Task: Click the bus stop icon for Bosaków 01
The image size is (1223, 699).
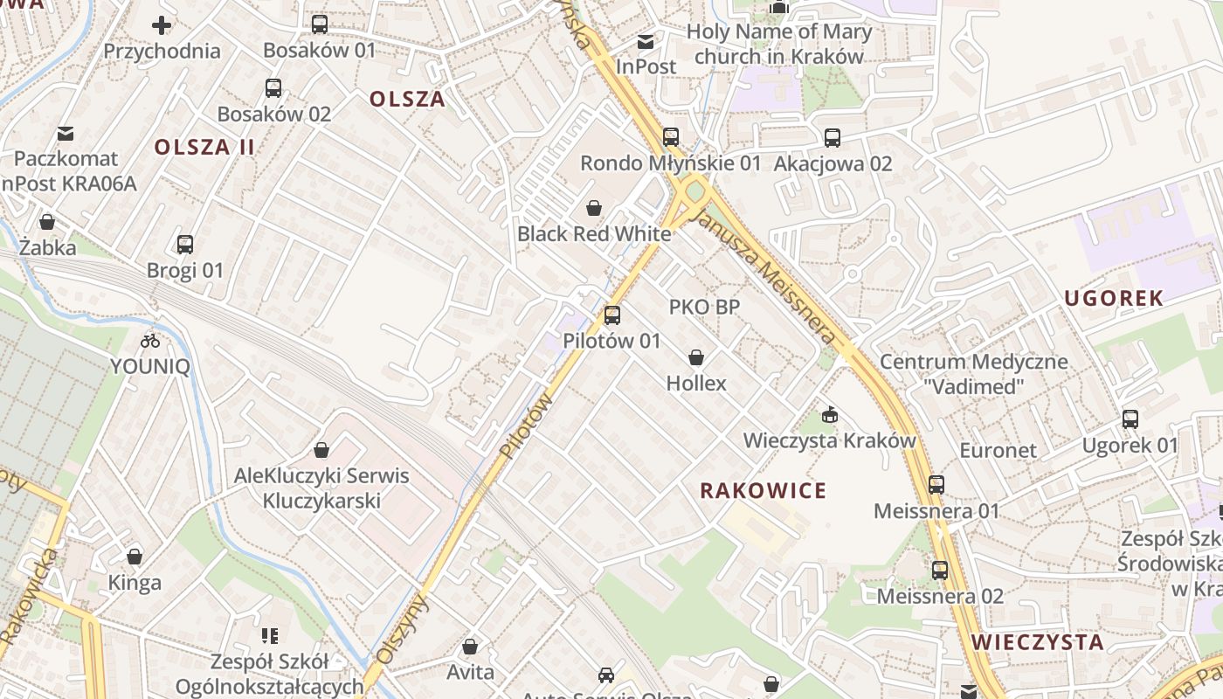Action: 320,24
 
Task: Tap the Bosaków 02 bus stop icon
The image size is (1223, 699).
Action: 273,88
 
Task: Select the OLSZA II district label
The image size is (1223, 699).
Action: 205,147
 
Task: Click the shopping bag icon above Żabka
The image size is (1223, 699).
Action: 47,222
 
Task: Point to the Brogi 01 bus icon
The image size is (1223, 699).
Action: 185,245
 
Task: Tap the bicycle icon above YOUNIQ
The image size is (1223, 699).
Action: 150,341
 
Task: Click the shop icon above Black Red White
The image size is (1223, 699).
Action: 594,208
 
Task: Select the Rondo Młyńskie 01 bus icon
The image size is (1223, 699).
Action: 670,137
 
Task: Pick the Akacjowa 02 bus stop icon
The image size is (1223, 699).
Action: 833,138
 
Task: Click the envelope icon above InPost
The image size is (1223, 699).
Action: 646,41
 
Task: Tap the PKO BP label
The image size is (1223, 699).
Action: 704,307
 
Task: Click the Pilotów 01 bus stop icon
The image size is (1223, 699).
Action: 612,315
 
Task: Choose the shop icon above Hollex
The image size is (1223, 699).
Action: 696,357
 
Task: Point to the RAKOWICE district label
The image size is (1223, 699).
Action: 763,490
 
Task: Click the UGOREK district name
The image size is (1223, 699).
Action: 1114,298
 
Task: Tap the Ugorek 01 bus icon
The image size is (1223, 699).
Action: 1130,419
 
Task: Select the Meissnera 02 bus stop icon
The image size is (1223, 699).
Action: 940,571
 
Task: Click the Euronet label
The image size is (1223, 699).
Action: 998,450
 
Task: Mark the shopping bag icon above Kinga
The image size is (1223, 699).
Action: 135,557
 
